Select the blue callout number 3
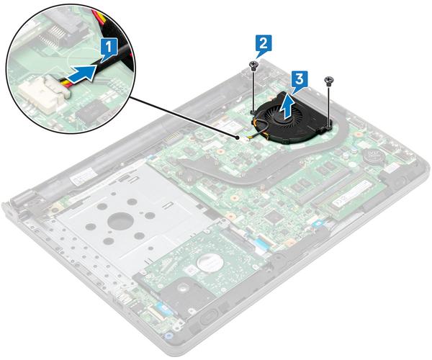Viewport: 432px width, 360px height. tap(300, 81)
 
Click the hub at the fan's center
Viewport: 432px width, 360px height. tap(281, 120)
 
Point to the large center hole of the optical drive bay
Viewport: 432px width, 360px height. tap(120, 220)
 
